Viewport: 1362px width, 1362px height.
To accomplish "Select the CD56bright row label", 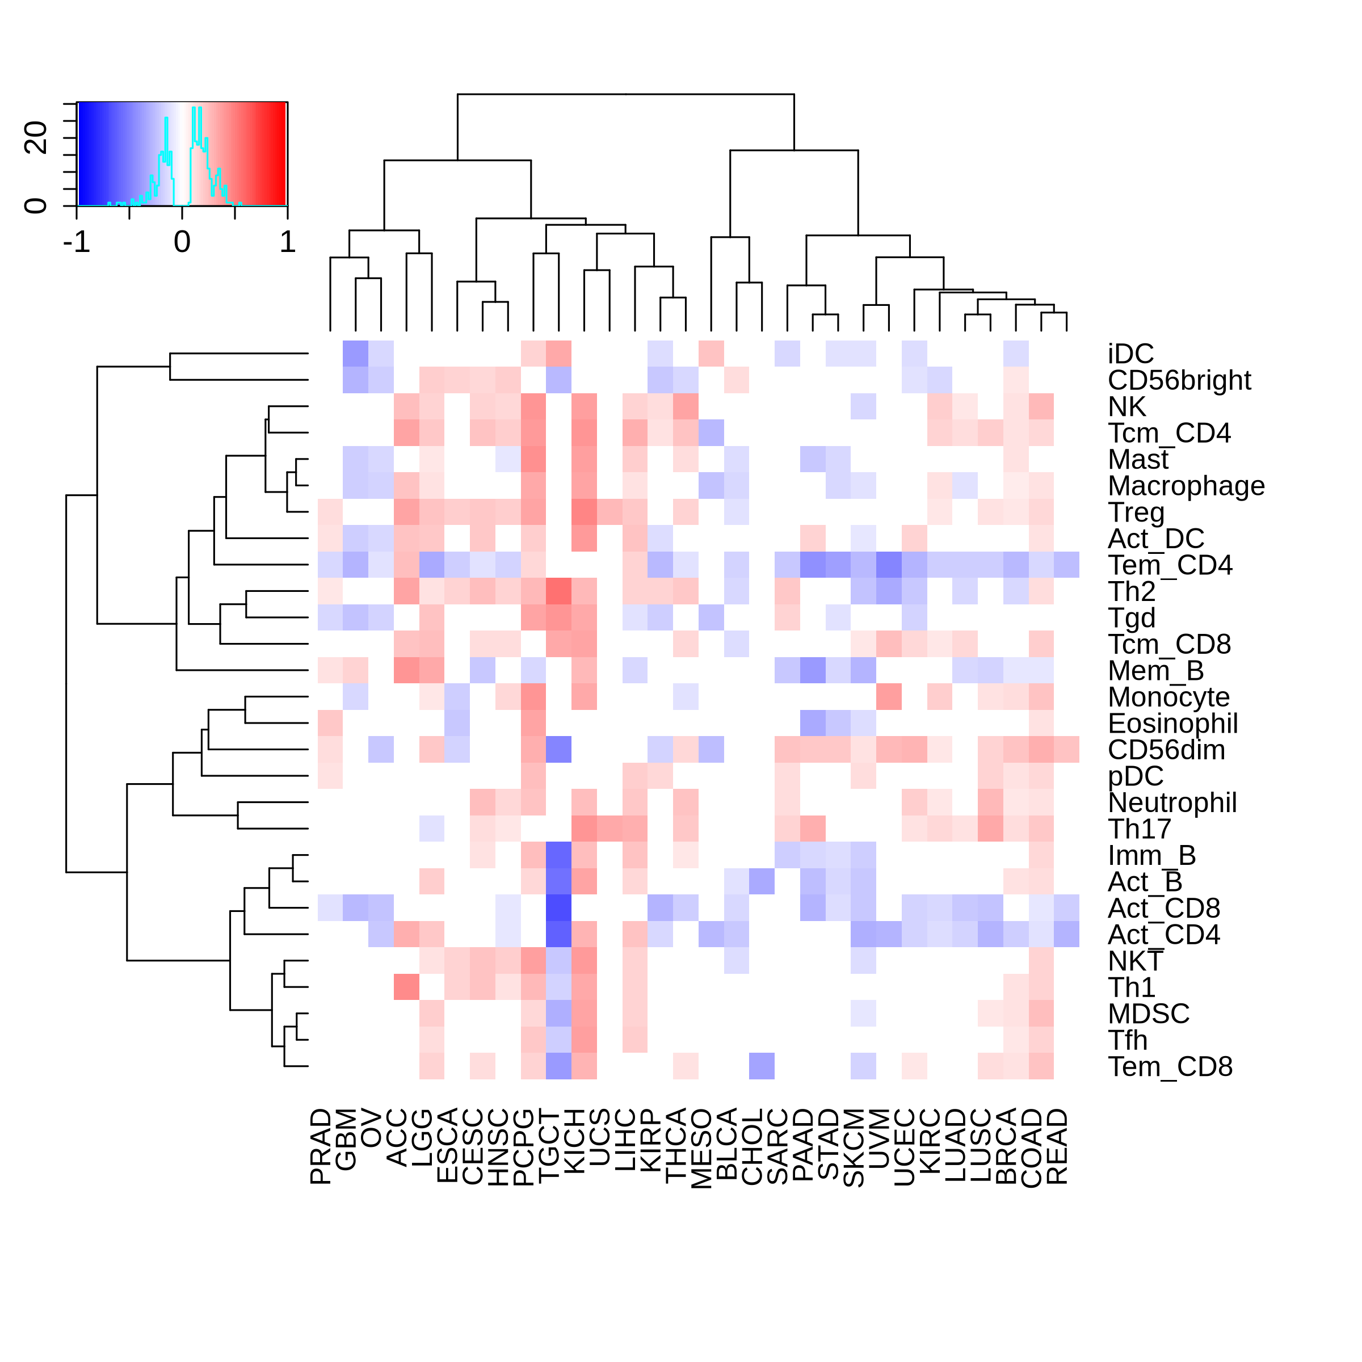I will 1179,381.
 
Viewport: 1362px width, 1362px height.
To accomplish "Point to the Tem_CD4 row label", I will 1170,565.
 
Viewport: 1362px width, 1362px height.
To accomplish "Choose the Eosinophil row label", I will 1173,724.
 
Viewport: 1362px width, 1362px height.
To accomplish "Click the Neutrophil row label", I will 1172,803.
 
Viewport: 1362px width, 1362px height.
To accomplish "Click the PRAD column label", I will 321,1146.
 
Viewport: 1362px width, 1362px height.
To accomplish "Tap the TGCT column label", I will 550,1146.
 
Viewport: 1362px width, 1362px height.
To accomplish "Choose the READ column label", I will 1057,1146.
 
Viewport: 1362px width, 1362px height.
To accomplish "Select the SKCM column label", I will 855,1147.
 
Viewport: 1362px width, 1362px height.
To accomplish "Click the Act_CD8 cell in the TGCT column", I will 558,909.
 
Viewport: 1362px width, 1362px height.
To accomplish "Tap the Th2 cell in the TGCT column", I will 558,591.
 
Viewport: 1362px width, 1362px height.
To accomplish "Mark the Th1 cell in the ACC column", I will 406,987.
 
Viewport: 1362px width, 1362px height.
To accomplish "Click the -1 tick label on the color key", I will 77,242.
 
